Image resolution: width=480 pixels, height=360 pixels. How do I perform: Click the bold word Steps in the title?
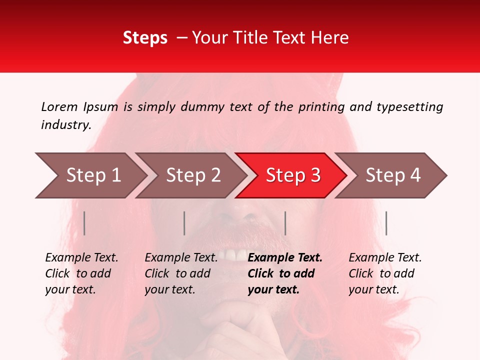[145, 38]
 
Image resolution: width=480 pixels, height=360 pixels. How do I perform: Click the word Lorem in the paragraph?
[59, 106]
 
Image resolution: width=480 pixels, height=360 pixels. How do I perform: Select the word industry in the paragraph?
[65, 125]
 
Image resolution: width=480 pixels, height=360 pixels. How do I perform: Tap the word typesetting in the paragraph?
[409, 107]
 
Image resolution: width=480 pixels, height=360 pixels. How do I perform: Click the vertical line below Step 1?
[84, 223]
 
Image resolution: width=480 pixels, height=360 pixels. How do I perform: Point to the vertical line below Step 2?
[184, 223]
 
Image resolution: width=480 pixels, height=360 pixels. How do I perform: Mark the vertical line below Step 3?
[285, 223]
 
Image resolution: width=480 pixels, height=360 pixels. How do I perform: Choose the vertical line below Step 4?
[386, 223]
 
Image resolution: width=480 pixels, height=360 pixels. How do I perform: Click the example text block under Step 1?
[81, 273]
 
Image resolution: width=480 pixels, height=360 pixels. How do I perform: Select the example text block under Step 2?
[181, 273]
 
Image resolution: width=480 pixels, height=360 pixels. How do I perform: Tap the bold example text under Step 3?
[285, 273]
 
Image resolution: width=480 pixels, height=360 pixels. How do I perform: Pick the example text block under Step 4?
[385, 273]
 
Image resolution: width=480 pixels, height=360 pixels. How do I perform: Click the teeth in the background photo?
[235, 255]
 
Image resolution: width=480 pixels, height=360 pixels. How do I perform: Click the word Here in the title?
[332, 38]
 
